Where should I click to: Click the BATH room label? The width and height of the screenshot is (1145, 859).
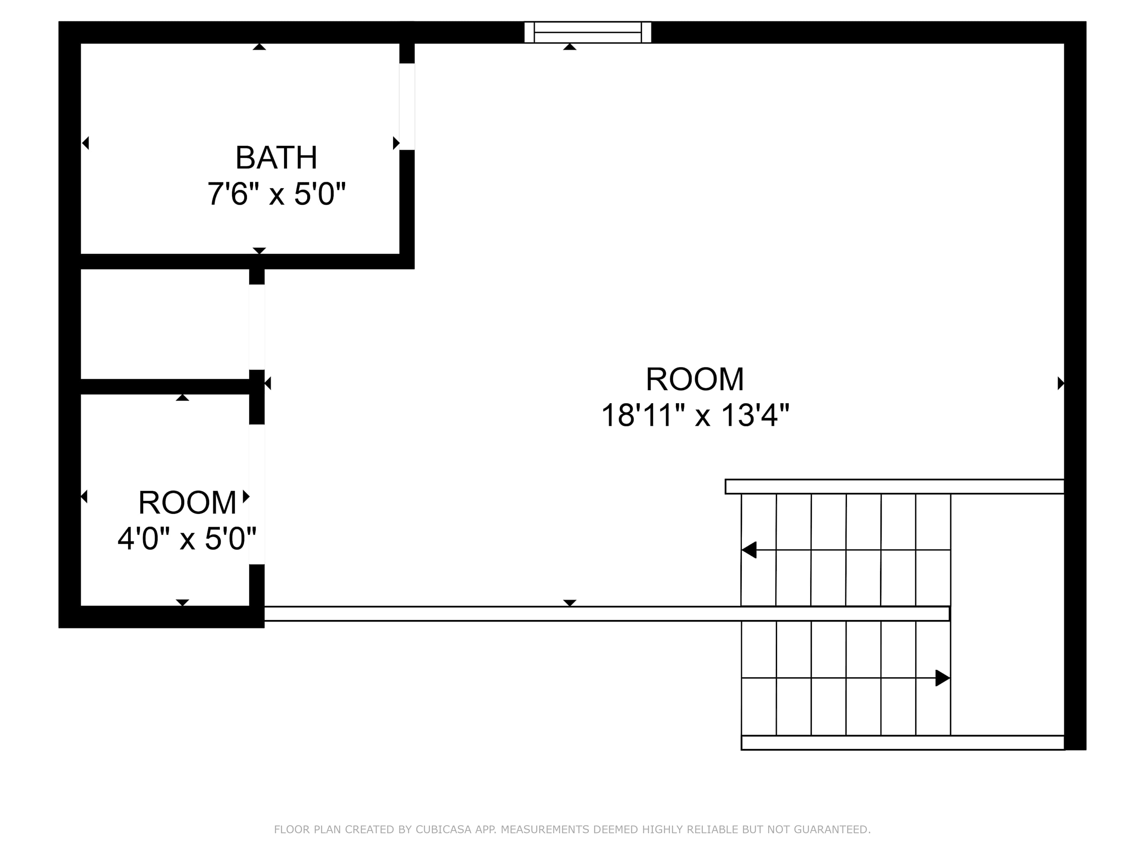point(276,157)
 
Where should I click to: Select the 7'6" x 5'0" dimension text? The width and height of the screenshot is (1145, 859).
point(276,194)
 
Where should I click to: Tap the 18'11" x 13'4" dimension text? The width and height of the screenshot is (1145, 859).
point(695,415)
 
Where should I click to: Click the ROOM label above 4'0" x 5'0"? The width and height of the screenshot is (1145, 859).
point(187,502)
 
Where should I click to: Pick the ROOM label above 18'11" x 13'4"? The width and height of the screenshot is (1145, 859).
point(695,379)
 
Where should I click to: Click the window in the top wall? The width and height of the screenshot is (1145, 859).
point(587,32)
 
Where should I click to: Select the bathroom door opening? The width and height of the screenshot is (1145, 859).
point(407,107)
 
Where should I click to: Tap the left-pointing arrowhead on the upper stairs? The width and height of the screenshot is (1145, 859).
point(749,550)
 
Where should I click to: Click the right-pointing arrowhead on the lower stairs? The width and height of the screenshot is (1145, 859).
point(943,678)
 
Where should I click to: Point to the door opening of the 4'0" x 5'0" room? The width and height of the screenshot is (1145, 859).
point(257,494)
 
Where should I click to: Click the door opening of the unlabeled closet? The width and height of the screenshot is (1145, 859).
point(257,327)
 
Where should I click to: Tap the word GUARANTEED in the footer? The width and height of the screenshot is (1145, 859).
point(838,830)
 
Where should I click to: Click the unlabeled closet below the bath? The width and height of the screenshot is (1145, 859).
point(164,324)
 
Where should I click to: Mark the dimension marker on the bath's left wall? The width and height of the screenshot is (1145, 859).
point(85,143)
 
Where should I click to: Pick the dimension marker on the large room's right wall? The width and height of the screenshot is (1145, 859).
point(1061,383)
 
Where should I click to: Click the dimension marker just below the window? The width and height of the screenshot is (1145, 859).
point(569,47)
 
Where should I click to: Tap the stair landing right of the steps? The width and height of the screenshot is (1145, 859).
point(1007,615)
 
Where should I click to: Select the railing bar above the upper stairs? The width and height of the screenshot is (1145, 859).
point(895,487)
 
